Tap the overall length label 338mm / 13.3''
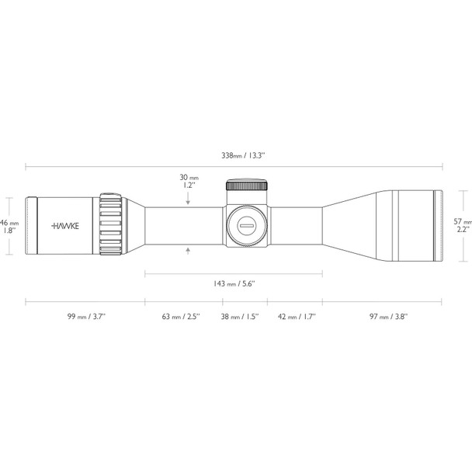(243, 155)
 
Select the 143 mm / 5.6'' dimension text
(234, 283)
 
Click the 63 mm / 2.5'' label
(180, 317)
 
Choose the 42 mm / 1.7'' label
(294, 317)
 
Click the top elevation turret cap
(247, 186)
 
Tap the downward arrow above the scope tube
(189, 201)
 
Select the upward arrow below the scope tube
(189, 250)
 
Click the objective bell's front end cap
(437, 225)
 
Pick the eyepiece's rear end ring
(32, 226)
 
